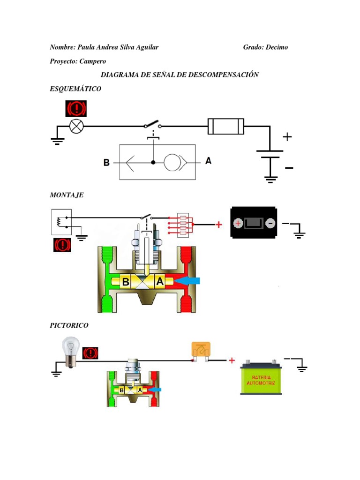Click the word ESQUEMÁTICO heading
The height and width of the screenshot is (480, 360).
pos(75,89)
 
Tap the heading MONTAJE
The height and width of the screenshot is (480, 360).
pos(67,195)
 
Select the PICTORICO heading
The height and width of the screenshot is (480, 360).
pos(69,325)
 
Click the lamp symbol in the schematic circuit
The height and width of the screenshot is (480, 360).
pos(76,126)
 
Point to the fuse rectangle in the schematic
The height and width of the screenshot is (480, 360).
pos(226,126)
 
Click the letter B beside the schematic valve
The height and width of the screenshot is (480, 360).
pos(107,163)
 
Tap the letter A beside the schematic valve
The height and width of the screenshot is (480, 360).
pos(208,161)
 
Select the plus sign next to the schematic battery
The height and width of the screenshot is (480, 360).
pos(287,137)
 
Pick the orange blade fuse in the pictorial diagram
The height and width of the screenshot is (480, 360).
pos(201,351)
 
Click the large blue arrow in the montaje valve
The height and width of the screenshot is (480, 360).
pos(189,281)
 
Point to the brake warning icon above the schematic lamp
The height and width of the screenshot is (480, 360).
pos(75,109)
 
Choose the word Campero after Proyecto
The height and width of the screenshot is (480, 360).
pos(93,61)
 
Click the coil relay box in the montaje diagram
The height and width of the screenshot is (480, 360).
pos(60,221)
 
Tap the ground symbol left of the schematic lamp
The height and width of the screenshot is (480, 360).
pos(57,139)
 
